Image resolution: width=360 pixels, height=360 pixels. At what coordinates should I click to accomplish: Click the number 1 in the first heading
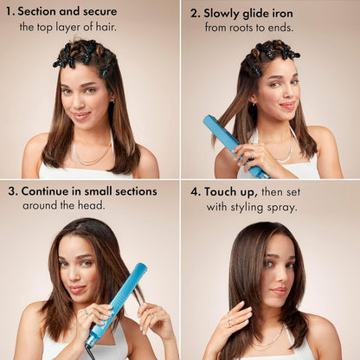pos(10,13)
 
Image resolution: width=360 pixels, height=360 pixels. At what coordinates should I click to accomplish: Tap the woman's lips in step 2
pos(286,105)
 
